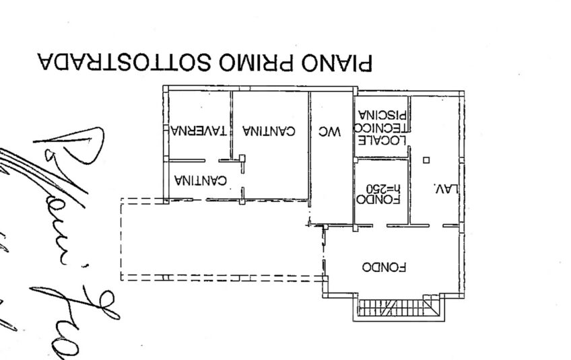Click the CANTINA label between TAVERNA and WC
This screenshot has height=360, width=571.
click(x=268, y=132)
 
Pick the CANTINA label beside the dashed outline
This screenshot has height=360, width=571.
click(x=201, y=180)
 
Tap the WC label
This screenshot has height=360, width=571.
click(x=330, y=132)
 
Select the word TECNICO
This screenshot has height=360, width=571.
click(x=382, y=127)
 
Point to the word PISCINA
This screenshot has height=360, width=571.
click(x=382, y=114)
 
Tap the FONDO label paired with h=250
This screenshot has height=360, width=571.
click(x=382, y=199)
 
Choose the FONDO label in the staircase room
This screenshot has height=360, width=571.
click(x=384, y=266)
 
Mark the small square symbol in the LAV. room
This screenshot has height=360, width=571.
click(x=426, y=160)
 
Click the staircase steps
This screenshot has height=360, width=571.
click(x=396, y=308)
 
